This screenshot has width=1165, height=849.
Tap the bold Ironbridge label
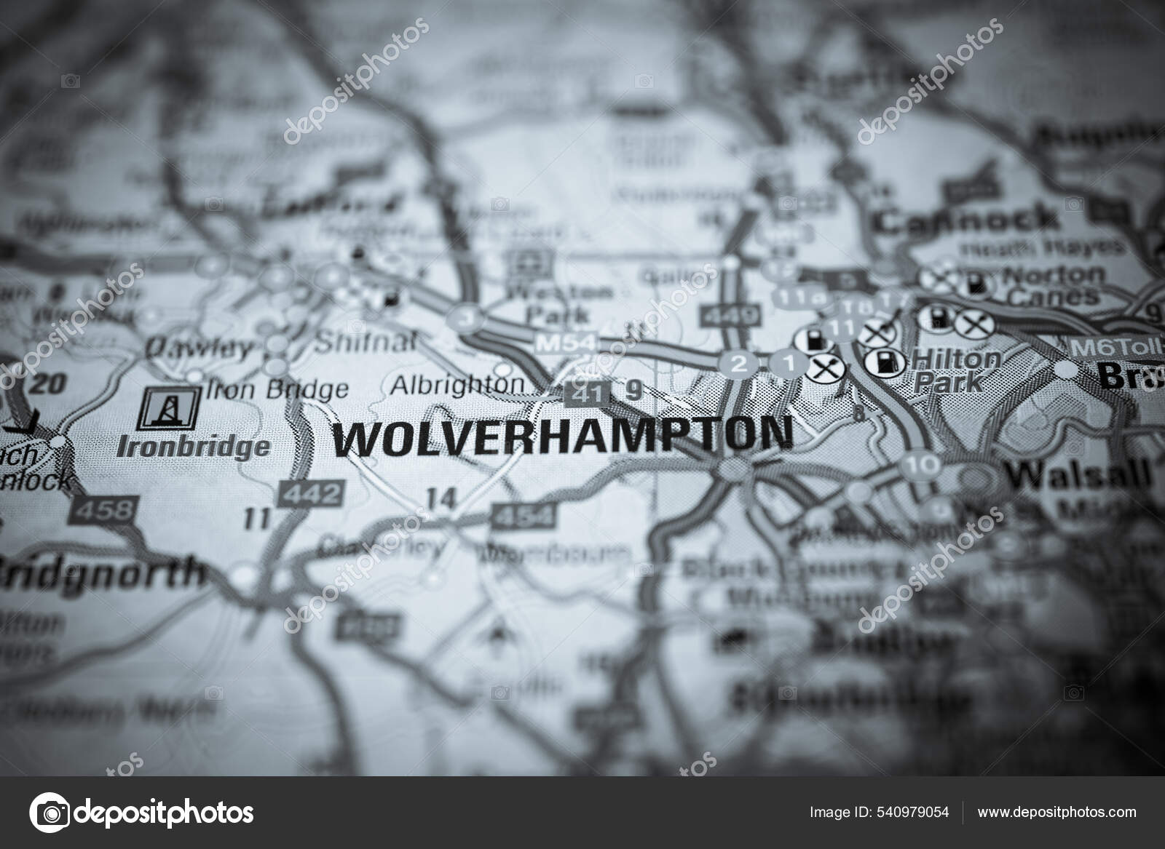tap(193, 445)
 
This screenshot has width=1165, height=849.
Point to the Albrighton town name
tap(457, 385)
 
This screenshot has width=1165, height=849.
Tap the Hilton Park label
tap(956, 369)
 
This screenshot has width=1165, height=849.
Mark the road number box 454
tap(522, 517)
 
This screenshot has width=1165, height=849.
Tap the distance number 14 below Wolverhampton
tap(442, 499)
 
